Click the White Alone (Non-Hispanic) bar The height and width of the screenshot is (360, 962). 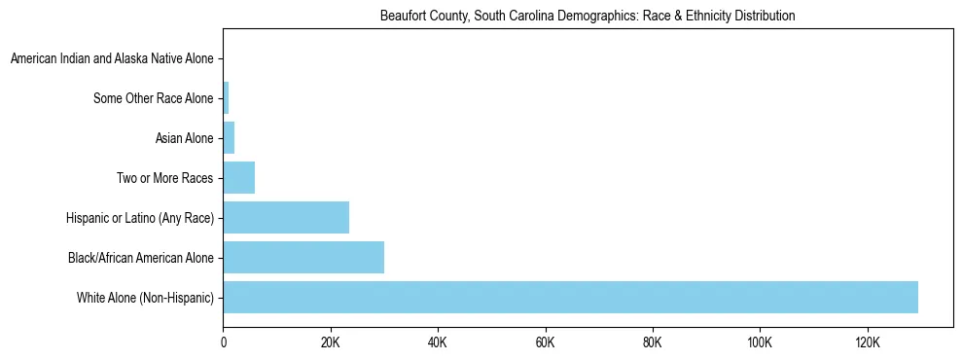pyautogui.click(x=570, y=297)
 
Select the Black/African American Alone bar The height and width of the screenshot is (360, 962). pyautogui.click(x=303, y=257)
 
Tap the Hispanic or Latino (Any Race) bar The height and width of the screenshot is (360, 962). pyautogui.click(x=286, y=217)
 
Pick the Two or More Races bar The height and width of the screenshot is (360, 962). pyautogui.click(x=239, y=178)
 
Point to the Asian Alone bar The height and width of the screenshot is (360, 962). pyautogui.click(x=230, y=138)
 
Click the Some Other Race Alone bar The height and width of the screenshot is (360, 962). pyautogui.click(x=227, y=98)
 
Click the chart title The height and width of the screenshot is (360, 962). pyautogui.click(x=587, y=17)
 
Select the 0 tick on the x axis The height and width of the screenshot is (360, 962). pyautogui.click(x=224, y=342)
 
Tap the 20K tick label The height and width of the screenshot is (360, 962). pyautogui.click(x=331, y=342)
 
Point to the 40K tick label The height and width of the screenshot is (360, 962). pyautogui.click(x=438, y=342)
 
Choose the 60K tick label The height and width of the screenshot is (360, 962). pyautogui.click(x=545, y=342)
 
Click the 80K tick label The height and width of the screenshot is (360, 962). pyautogui.click(x=652, y=342)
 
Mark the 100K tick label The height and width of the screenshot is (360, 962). pyautogui.click(x=760, y=342)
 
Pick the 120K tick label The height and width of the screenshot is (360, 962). pyautogui.click(x=867, y=342)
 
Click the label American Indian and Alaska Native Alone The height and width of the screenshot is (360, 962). pyautogui.click(x=112, y=59)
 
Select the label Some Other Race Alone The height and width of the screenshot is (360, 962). pyautogui.click(x=153, y=98)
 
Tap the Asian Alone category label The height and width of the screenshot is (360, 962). pyautogui.click(x=184, y=138)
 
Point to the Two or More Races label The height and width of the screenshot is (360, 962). pyautogui.click(x=164, y=178)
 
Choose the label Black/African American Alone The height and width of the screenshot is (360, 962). pyautogui.click(x=141, y=258)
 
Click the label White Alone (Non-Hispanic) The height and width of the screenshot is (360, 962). pyautogui.click(x=145, y=297)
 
